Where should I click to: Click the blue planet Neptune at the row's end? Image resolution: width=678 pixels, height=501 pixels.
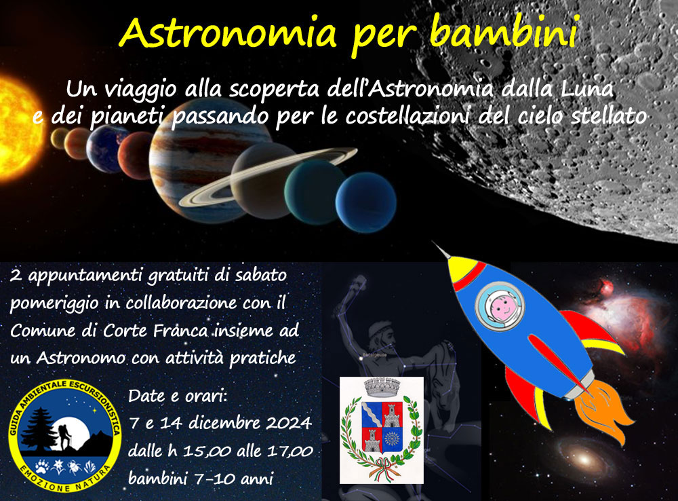coord(366,202)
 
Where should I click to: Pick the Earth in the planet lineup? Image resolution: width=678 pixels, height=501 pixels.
coord(106,149)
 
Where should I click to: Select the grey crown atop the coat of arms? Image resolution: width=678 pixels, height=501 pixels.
coord(382,387)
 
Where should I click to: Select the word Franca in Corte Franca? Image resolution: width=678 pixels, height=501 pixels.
coord(180,331)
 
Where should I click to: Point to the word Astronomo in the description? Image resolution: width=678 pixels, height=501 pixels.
coord(81,358)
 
